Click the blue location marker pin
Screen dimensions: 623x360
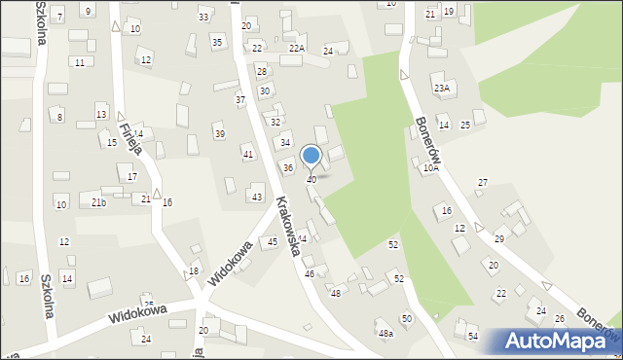point(311,156)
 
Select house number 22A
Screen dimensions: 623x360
point(296,48)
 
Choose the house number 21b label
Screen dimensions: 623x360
point(98,202)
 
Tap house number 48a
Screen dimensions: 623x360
point(385,334)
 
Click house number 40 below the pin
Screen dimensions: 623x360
point(311,180)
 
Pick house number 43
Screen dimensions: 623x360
point(257,198)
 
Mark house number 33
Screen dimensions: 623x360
point(203,18)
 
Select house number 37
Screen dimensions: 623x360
point(240,100)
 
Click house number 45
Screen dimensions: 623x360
point(273,241)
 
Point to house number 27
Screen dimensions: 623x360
point(482,183)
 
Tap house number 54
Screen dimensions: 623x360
point(472,336)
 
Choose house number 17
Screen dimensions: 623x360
point(131,177)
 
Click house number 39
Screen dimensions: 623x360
point(219,134)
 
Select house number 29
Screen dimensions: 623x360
point(499,239)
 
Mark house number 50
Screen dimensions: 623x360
point(407,319)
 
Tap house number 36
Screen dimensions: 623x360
point(288,168)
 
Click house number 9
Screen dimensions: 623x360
point(89,11)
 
